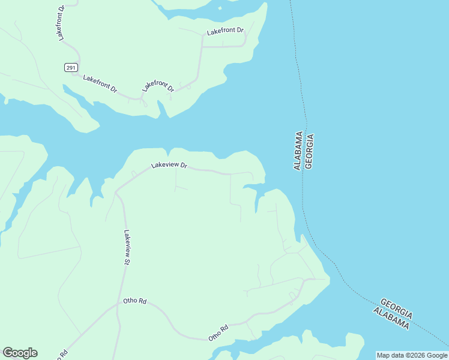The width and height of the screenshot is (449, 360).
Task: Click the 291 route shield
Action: coord(71,68)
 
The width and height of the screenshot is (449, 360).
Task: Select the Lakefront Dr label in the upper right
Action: coord(225,31)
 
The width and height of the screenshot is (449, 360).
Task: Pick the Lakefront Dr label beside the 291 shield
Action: coord(100,83)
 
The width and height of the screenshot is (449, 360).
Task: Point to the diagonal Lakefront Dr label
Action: coord(158,86)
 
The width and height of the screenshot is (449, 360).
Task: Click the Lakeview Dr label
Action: coord(169,164)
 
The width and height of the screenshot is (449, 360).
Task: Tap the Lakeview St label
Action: coord(127,247)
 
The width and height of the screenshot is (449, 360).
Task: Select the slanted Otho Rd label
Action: coord(218,333)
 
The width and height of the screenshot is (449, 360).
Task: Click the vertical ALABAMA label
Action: coord(297,151)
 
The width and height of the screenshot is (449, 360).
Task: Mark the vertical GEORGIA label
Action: coord(310,151)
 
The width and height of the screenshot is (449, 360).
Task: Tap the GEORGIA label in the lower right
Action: coord(396,307)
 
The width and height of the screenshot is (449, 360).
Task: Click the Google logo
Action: coord(20,353)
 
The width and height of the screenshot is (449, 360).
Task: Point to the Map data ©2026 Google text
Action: coord(412,355)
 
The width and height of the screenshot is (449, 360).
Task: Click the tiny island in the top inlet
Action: coord(220,8)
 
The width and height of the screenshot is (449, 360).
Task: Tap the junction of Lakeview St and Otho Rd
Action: coord(118,305)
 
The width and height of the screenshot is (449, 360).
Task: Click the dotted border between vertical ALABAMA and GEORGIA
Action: coord(303,151)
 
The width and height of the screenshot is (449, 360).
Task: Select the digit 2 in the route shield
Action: coord(68,68)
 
